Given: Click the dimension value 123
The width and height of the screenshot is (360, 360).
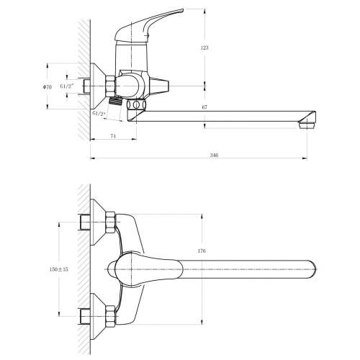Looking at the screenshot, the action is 204,48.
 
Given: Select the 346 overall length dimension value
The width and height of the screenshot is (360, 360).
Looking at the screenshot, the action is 214,156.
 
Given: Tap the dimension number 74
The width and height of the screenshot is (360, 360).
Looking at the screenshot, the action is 113,136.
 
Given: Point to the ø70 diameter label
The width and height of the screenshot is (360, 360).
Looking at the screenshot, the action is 48,87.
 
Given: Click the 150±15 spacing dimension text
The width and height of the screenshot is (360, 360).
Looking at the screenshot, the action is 59,269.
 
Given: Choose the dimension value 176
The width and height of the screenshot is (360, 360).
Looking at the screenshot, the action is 202,251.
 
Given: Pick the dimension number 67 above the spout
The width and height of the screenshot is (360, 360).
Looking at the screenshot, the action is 204,107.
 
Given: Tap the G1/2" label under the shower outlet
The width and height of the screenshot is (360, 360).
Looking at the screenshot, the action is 99,114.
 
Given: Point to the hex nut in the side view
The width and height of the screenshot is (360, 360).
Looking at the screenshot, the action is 110,86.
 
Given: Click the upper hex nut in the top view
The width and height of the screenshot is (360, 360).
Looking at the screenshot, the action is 110,222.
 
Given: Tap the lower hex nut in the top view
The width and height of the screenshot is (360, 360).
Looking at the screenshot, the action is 110,316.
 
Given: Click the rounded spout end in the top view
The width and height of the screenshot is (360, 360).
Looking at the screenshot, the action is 312,269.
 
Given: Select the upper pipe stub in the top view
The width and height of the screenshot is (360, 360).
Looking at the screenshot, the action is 85,222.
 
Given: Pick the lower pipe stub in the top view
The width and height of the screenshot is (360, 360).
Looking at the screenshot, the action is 85,316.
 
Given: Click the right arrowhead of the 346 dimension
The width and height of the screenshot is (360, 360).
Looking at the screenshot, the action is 305,158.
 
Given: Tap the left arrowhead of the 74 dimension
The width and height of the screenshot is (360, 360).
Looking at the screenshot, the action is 93,139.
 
